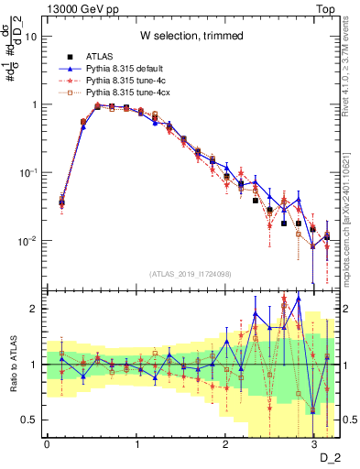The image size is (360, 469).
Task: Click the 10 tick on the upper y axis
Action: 31,37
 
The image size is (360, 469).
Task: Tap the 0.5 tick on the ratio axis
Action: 30,420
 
